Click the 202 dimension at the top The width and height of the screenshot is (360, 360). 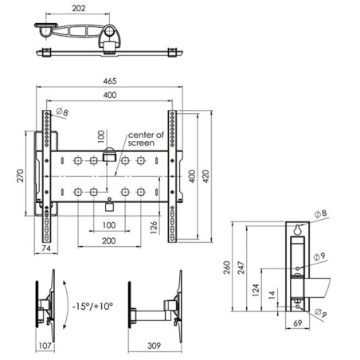coord(79,8)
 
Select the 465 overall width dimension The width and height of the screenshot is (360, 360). coord(110,81)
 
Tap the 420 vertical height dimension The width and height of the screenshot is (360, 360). coord(206,176)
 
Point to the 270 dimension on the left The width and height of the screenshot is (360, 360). coord(20,175)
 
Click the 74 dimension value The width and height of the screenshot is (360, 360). coord(46,248)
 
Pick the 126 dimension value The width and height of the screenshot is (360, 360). coord(154,227)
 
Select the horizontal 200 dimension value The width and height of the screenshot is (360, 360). coord(109,241)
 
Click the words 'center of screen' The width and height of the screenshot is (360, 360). coord(146,139)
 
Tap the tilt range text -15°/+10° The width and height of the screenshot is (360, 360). coord(93,306)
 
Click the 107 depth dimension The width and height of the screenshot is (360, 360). coord(45,346)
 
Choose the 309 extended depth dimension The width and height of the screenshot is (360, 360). coord(154,346)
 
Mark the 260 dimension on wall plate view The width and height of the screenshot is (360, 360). coord(226,268)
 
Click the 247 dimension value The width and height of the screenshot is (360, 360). coord(241,268)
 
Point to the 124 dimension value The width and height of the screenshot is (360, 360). coord(256,290)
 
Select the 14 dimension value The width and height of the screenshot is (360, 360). coord(272,295)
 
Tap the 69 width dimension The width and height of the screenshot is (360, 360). coord(298,323)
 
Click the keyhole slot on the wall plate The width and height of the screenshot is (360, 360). coord(298,230)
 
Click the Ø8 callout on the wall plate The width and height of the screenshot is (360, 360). coord(321,213)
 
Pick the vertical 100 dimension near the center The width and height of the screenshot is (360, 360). coord(101,136)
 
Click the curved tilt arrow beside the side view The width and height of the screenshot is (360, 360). coord(68,305)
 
